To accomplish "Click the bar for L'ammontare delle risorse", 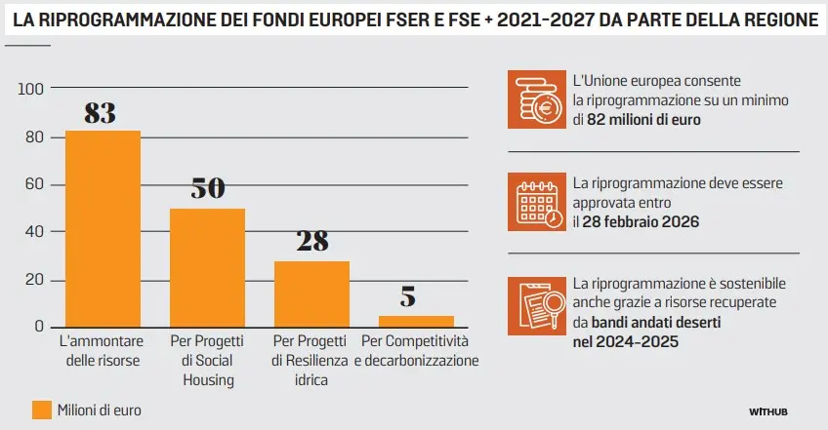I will tap(103, 228).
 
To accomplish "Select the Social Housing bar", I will tap(207, 267).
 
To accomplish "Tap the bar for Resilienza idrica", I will tap(311, 293).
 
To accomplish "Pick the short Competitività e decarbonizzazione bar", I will tap(416, 321).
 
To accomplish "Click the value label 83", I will tap(101, 113).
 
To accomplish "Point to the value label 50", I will tap(207, 189).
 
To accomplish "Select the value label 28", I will tap(311, 242).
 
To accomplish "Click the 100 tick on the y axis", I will tap(32, 90).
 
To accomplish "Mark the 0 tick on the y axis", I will tap(40, 327).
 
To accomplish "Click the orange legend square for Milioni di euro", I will tap(41, 410).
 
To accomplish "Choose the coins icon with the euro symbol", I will tap(536, 99).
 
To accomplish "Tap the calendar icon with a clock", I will tap(536, 202).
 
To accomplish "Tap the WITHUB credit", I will tap(768, 411).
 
